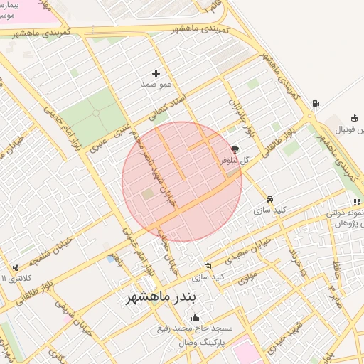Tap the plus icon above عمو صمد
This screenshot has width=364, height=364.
click(x=156, y=73)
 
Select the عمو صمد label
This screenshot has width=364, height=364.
click(x=156, y=85)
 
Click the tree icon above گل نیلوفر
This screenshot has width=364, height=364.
click(x=235, y=150)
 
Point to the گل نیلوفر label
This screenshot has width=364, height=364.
click(x=235, y=161)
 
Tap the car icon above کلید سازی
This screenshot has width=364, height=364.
click(x=269, y=199)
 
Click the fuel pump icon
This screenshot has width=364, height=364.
click(x=315, y=104)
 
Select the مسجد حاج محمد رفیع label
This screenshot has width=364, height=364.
click(x=196, y=328)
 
